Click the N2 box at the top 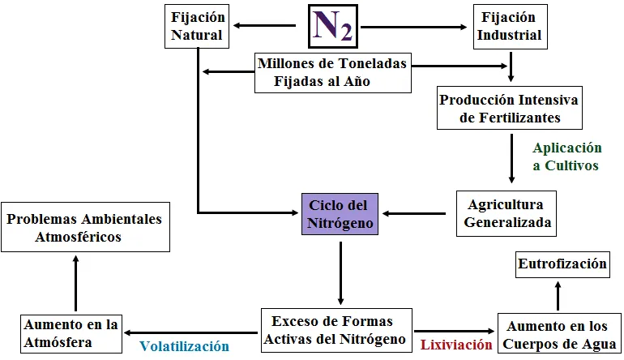(x=333, y=26)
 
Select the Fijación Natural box (x=197, y=26)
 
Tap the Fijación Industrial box (x=511, y=27)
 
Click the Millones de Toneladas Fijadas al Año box (x=333, y=73)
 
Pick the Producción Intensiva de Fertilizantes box (x=510, y=108)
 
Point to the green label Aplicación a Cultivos (x=567, y=156)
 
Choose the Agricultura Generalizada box (x=506, y=213)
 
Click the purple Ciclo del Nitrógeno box (x=340, y=214)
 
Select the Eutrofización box (x=562, y=264)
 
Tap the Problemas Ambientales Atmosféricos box (x=86, y=227)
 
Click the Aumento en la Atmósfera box (x=71, y=334)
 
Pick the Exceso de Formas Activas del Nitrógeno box (x=336, y=330)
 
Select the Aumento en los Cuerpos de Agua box (x=558, y=333)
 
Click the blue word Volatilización (x=184, y=346)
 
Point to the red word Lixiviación (x=456, y=345)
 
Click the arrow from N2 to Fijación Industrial (x=413, y=27)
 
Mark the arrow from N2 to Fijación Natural (x=265, y=26)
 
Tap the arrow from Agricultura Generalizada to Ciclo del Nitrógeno (x=414, y=214)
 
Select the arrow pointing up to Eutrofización (x=558, y=296)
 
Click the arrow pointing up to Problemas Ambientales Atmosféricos (x=75, y=283)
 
